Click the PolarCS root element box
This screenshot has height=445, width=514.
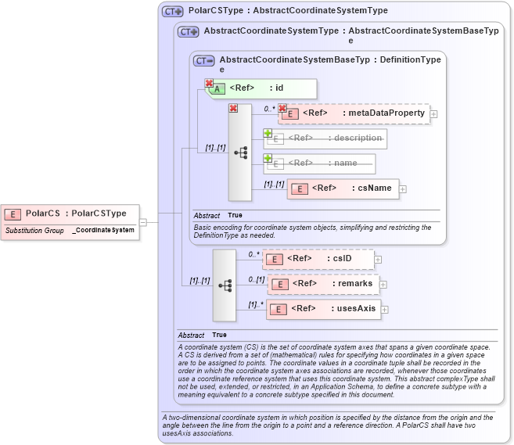(70, 213)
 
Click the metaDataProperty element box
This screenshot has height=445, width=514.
(355, 113)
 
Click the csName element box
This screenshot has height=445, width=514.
(343, 188)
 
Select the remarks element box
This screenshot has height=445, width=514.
(323, 284)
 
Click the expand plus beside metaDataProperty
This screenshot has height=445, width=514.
(434, 114)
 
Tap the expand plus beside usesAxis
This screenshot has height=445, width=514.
(384, 310)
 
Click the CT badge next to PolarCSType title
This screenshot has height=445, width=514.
(172, 12)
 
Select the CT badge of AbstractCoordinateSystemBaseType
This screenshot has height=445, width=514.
(204, 60)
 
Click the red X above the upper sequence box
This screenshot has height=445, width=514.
(233, 108)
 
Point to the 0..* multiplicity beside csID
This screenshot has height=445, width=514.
(253, 254)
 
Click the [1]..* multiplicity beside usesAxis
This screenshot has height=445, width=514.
(256, 304)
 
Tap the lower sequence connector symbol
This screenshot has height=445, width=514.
(225, 285)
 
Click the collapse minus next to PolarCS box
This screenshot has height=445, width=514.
(143, 222)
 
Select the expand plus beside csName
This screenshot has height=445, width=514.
(404, 188)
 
